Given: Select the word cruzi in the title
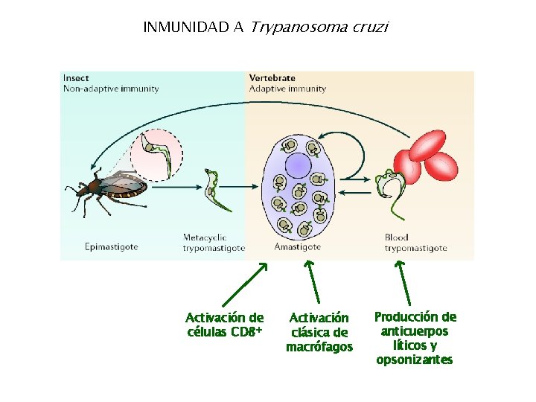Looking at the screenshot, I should [x=367, y=28].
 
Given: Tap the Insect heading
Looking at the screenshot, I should [x=77, y=77].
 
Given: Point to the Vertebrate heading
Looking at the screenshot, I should [x=272, y=77].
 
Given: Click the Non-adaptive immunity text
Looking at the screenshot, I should [x=111, y=89].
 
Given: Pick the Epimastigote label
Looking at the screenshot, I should [x=111, y=246].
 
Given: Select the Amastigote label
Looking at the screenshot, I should [x=297, y=246].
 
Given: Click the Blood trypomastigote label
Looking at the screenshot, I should [x=415, y=243].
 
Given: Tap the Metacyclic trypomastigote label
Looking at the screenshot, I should [x=214, y=243].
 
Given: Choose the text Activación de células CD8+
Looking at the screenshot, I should [x=224, y=325].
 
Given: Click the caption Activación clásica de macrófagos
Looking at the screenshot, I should [x=319, y=332].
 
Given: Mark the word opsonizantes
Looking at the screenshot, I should [x=414, y=360].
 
